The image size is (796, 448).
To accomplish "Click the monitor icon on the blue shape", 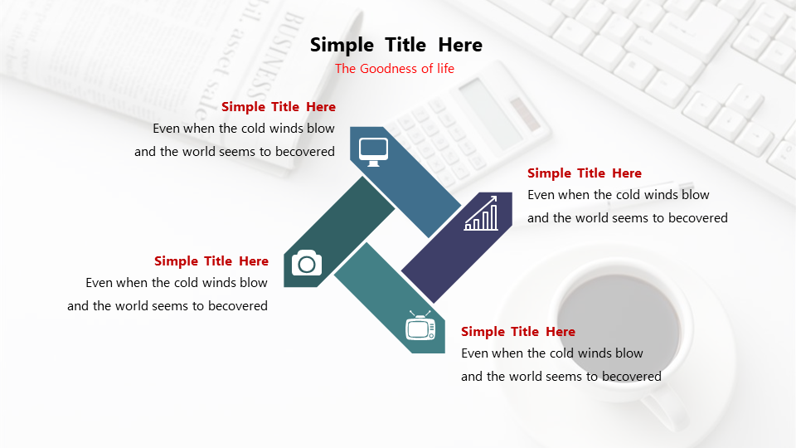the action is click(373, 152).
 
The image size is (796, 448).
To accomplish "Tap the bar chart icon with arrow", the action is click(481, 213).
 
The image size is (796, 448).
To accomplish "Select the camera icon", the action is click(307, 263).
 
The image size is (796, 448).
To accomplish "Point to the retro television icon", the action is click(420, 325).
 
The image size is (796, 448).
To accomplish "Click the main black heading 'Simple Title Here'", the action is click(396, 45).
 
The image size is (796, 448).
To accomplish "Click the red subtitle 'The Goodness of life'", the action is click(395, 69).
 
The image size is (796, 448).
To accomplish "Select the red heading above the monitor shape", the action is click(279, 107).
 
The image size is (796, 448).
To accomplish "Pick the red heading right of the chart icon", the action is click(585, 173).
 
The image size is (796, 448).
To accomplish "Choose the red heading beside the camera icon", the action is click(211, 261).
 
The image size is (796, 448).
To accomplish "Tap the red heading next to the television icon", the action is click(518, 332).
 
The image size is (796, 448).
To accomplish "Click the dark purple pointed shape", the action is click(457, 247).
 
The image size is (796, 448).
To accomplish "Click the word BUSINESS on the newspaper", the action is click(279, 57).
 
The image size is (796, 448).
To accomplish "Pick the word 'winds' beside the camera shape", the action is click(225, 282).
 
